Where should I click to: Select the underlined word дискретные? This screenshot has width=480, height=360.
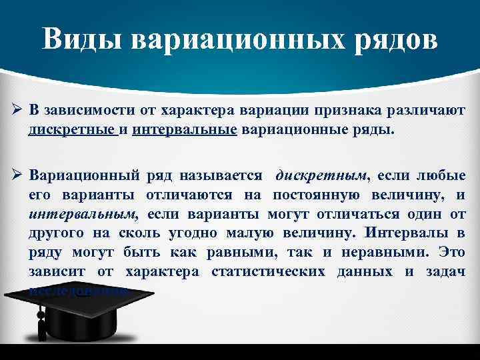(71, 129)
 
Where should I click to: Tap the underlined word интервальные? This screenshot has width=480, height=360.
(185, 129)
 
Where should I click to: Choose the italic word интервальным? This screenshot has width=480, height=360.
(82, 215)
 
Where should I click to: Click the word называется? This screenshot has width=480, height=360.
(219, 176)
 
